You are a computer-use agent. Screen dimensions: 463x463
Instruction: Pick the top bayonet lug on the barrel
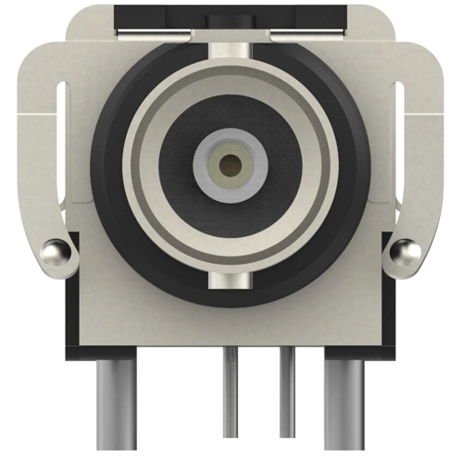(231, 56)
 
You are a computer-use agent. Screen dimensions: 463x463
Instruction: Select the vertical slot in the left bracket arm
(62, 148)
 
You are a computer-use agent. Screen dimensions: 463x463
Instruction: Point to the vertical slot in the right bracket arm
(401, 148)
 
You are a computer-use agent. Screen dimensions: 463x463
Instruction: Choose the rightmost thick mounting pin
(344, 407)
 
